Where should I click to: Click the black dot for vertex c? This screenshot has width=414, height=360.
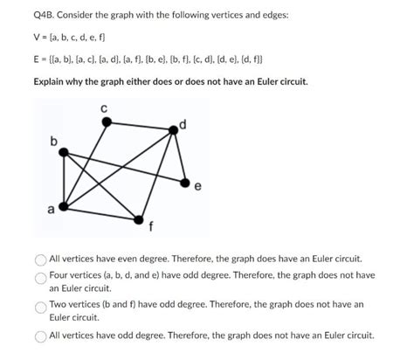(x=107, y=122)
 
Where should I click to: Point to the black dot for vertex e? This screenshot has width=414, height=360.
(x=185, y=182)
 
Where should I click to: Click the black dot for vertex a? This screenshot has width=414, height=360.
(x=61, y=208)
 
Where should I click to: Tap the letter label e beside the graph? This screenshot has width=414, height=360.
(x=198, y=186)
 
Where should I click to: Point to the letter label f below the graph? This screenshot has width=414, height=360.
(x=152, y=230)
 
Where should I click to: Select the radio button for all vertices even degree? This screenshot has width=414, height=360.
(x=40, y=260)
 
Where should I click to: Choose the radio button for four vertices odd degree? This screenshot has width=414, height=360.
(x=40, y=275)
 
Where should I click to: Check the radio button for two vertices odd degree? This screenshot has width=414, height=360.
(x=40, y=307)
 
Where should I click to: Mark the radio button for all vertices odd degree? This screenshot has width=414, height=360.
(x=40, y=336)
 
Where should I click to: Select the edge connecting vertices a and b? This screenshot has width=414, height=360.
(x=63, y=180)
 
